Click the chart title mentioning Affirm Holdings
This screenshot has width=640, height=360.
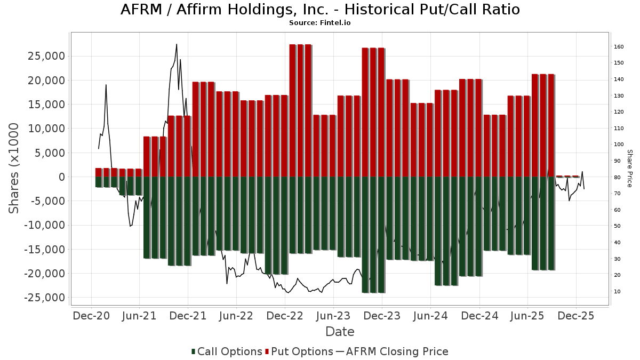pyautogui.click(x=320, y=10)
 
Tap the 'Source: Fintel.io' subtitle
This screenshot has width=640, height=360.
pyautogui.click(x=320, y=23)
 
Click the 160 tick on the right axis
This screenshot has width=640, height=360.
pyautogui.click(x=619, y=47)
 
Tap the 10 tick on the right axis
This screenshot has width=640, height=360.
pyautogui.click(x=617, y=291)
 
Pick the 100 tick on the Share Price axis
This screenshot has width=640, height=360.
pyautogui.click(x=619, y=145)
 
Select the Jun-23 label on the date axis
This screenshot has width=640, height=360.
pyautogui.click(x=333, y=316)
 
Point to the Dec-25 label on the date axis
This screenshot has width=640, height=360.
pyautogui.click(x=577, y=316)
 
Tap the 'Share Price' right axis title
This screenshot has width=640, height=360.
pyautogui.click(x=629, y=168)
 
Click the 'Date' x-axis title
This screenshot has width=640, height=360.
pyautogui.click(x=340, y=332)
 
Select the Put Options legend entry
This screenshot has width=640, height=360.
pyautogui.click(x=302, y=351)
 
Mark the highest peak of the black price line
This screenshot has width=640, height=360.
pyautogui.click(x=177, y=44)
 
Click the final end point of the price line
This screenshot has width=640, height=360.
pyautogui.click(x=584, y=189)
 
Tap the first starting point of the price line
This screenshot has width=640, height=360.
pyautogui.click(x=98, y=148)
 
